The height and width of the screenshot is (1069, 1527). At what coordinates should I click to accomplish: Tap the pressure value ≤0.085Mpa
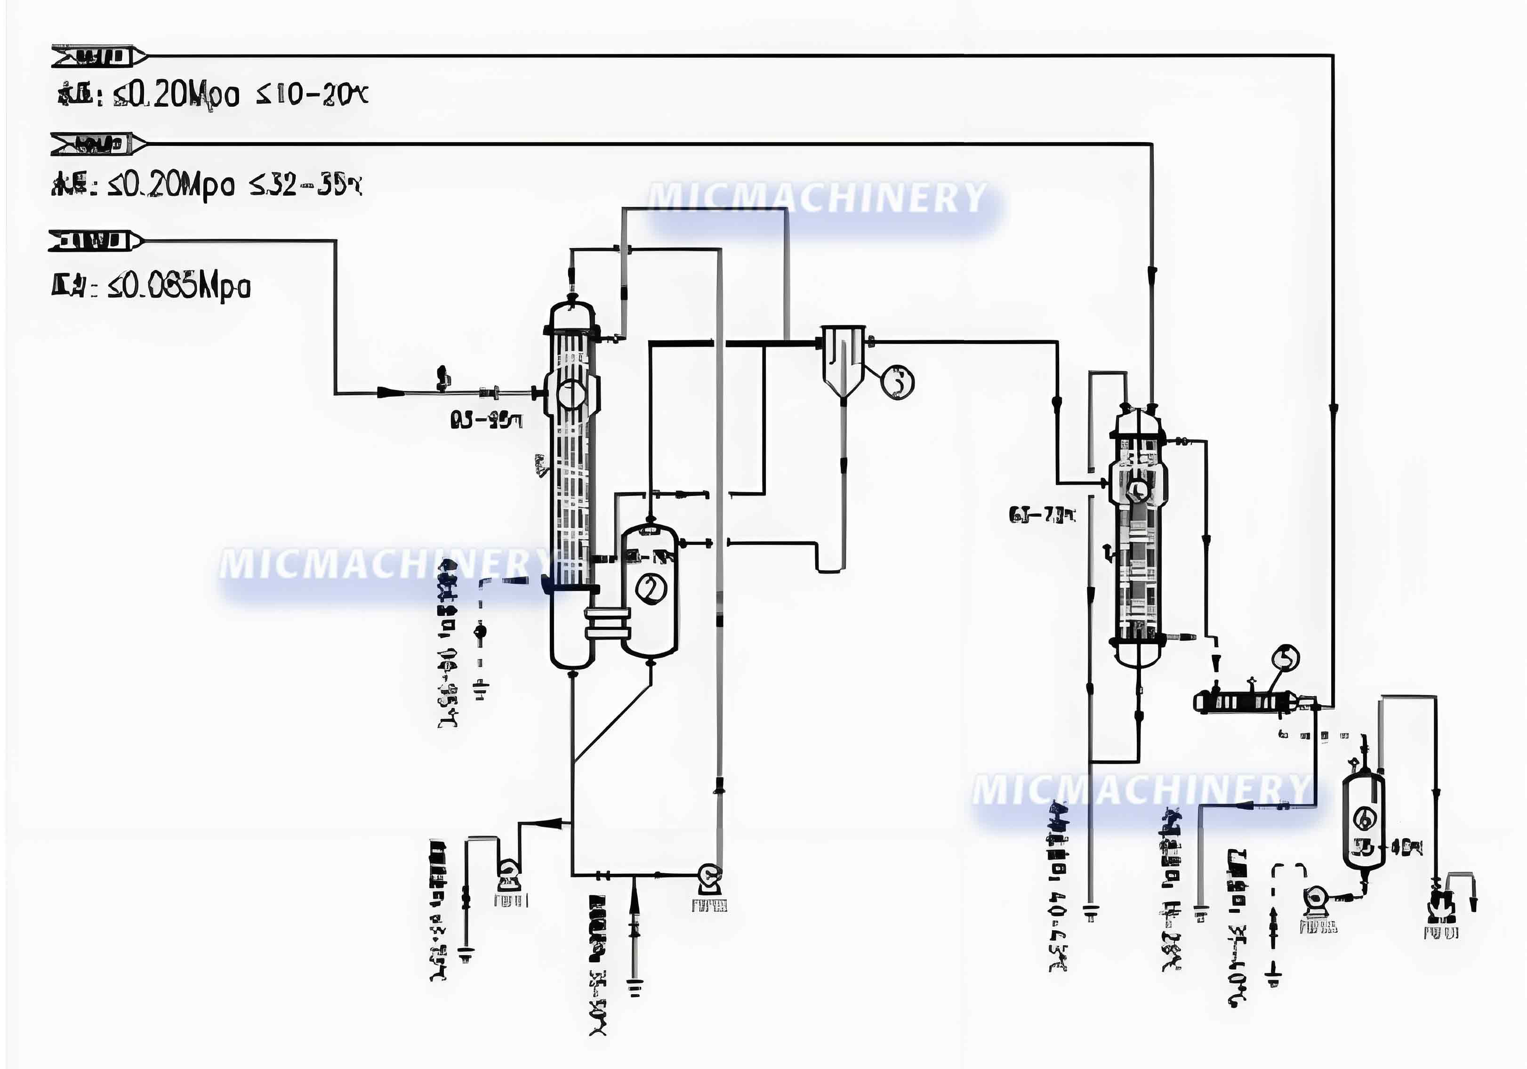click(x=179, y=287)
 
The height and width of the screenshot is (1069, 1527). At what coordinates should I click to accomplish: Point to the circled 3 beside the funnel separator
click(x=898, y=382)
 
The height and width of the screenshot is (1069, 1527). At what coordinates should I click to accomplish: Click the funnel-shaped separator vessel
click(x=844, y=359)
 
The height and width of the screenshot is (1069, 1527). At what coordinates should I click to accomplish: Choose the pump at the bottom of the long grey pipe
click(x=710, y=878)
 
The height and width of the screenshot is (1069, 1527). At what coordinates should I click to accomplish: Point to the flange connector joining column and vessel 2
click(x=607, y=623)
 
